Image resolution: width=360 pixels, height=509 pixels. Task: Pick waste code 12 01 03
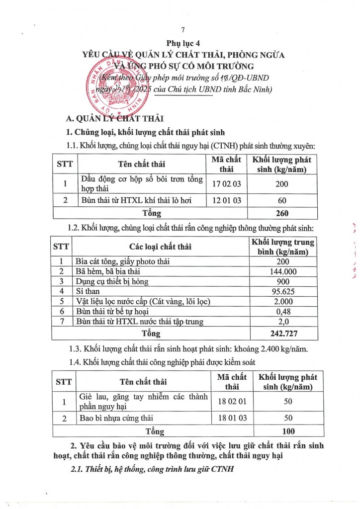(x=226, y=201)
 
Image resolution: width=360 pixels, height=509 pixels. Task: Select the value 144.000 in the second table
(x=283, y=271)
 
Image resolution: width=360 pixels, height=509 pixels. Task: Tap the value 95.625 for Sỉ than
(x=283, y=291)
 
